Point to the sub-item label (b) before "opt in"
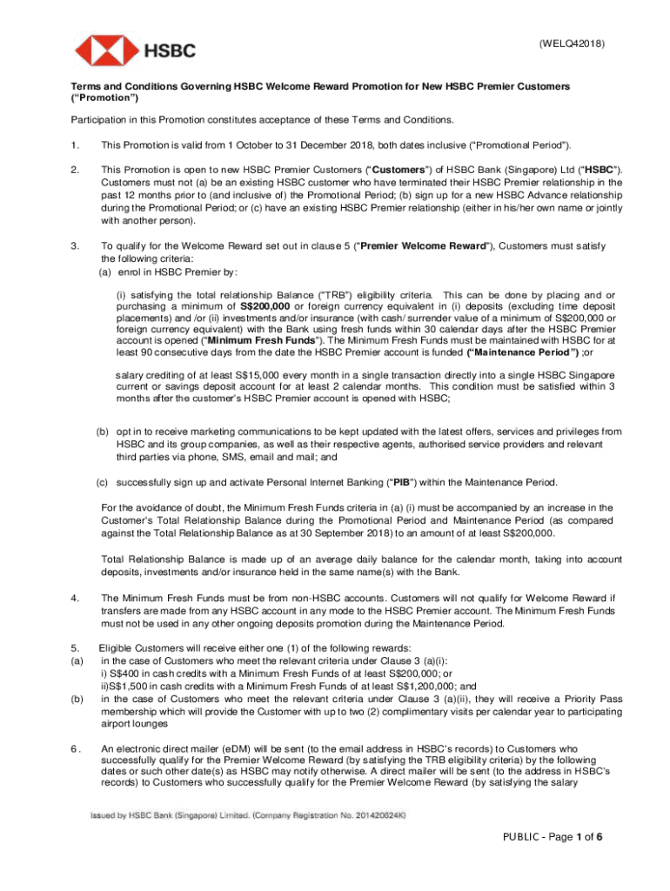pyautogui.click(x=102, y=432)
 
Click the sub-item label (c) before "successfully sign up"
pyautogui.click(x=102, y=482)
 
